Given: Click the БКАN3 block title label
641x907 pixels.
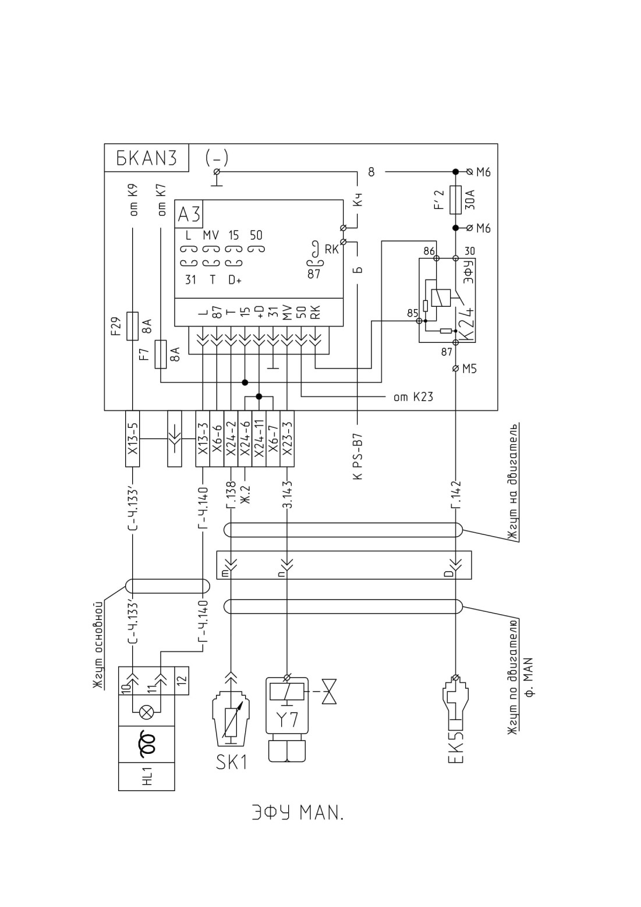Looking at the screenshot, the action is pyautogui.click(x=147, y=158).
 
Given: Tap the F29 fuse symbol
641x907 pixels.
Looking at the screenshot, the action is pyautogui.click(x=132, y=326).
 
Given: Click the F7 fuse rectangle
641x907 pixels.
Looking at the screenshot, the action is pyautogui.click(x=161, y=355).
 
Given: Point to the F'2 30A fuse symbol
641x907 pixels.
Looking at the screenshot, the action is pyautogui.click(x=455, y=200).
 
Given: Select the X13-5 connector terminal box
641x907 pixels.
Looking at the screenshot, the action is pyautogui.click(x=132, y=439).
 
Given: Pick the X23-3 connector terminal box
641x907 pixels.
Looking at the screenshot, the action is pyautogui.click(x=286, y=439).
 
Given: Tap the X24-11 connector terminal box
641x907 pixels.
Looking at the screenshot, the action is pyautogui.click(x=258, y=439).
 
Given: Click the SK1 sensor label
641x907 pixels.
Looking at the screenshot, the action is pyautogui.click(x=231, y=763).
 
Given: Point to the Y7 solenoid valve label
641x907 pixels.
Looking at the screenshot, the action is pyautogui.click(x=286, y=720).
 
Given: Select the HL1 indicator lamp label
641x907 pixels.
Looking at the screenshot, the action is pyautogui.click(x=147, y=777).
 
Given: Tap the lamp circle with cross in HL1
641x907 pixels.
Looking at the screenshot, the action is pyautogui.click(x=146, y=712).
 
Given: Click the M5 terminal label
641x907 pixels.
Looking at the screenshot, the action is pyautogui.click(x=469, y=369).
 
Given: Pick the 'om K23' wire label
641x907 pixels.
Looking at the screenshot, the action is pyautogui.click(x=413, y=397).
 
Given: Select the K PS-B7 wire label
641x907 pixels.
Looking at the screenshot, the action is pyautogui.click(x=359, y=456).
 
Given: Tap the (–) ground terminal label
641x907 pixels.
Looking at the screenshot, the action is pyautogui.click(x=217, y=157).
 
